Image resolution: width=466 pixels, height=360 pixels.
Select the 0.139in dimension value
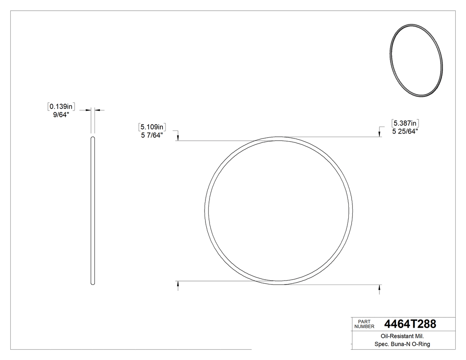[x=61, y=107]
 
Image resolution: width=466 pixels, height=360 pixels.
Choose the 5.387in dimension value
[x=406, y=123]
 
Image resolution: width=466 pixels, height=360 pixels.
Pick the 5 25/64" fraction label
[x=406, y=131]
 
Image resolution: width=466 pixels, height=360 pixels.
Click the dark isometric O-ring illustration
[x=416, y=60]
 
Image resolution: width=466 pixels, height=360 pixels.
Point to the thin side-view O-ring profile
[x=93, y=211]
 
